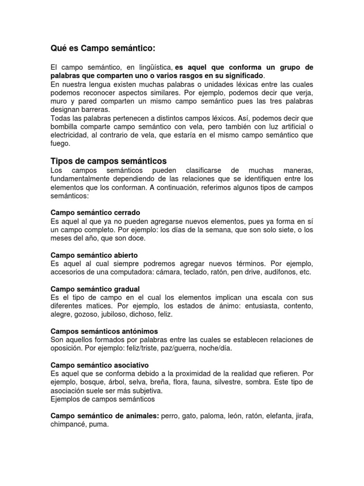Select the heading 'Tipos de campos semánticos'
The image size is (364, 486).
[108, 161]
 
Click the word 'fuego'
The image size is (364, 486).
[60, 144]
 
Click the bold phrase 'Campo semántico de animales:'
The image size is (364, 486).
[105, 416]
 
